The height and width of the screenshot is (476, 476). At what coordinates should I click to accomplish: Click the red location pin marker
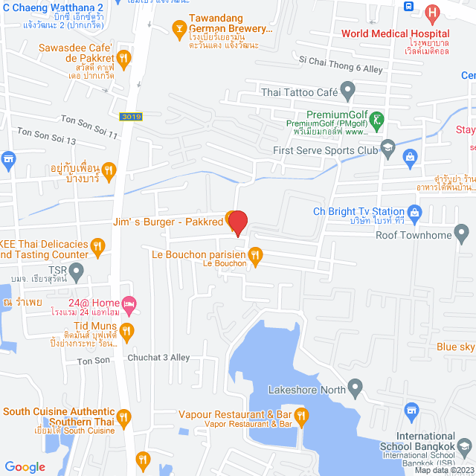[237, 222]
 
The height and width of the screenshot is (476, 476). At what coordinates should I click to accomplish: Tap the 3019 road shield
[130, 117]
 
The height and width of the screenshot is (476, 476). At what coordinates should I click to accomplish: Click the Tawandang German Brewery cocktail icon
[178, 30]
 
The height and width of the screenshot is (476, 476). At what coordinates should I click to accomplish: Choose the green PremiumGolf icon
[378, 118]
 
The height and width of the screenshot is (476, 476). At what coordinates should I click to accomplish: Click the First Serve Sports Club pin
[387, 149]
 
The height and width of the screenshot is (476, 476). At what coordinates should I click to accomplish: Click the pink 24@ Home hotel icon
[129, 303]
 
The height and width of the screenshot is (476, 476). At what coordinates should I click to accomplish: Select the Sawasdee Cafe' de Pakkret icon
[124, 57]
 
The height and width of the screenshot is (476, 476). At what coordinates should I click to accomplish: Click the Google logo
[25, 466]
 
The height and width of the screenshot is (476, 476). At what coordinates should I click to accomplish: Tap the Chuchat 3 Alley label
[158, 357]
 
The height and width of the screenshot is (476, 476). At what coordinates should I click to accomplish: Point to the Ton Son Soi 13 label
[47, 136]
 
